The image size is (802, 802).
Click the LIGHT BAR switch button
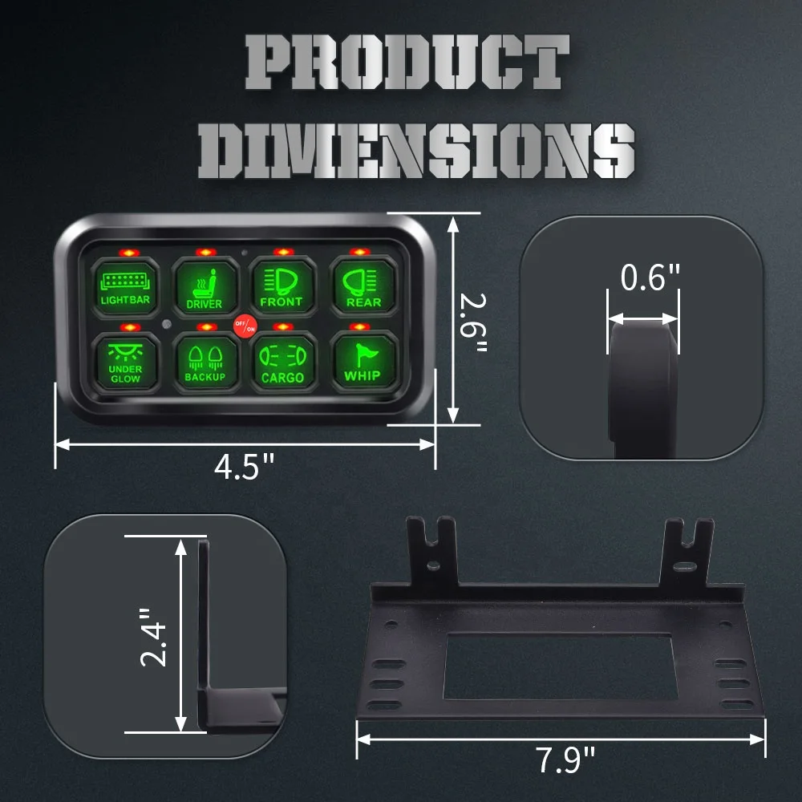point(125,286)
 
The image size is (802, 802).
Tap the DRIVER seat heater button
point(204,286)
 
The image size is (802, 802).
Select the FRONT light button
point(281,286)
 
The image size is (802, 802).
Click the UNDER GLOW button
point(125,362)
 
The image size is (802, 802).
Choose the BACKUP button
point(205,362)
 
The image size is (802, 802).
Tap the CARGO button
point(282,362)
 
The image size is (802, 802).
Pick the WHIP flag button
point(362,362)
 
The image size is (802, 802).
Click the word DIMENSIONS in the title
point(416,150)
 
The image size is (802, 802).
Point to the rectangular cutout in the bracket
point(557,666)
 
